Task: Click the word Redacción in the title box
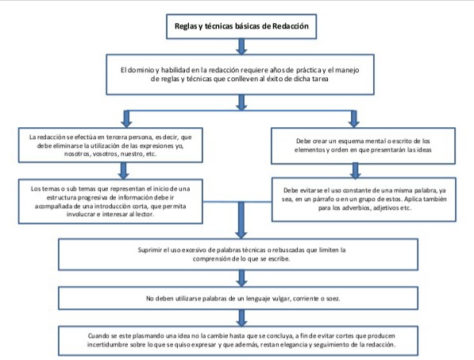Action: [x=291, y=26]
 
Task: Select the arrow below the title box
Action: [x=241, y=47]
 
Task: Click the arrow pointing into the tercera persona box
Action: [x=126, y=119]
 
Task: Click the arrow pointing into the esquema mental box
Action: [x=353, y=119]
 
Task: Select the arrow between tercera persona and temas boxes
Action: [x=123, y=171]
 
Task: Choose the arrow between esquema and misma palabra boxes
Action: [x=356, y=171]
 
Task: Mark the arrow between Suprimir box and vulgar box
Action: [x=241, y=278]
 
